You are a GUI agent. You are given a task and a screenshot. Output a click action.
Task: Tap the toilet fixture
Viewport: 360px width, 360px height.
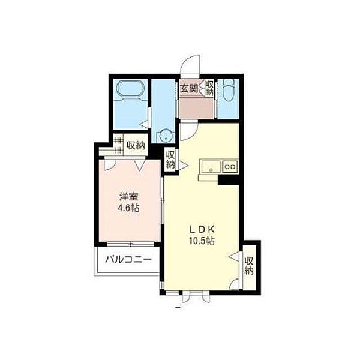coord(228,90)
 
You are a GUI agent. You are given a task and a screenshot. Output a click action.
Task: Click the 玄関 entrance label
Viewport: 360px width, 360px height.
coord(189,88)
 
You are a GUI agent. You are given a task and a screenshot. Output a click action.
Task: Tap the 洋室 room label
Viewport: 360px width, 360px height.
coord(128,197)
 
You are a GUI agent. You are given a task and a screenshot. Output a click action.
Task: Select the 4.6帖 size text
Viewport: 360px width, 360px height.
coord(128,208)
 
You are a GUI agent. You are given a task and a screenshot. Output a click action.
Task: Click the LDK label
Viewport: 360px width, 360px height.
coord(202,229)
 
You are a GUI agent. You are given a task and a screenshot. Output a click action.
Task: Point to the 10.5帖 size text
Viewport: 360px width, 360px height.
coord(202,241)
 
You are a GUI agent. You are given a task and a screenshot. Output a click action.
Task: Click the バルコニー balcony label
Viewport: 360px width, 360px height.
coord(128,260)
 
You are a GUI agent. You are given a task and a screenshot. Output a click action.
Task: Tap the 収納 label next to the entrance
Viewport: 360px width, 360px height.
coord(209,88)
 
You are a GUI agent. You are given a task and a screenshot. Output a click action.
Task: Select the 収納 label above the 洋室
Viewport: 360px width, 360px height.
coord(136,145)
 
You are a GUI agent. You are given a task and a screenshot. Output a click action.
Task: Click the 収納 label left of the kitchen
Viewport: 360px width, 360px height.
coord(170,160)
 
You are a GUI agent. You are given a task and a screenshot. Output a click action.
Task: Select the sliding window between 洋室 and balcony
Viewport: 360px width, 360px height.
coord(130,244)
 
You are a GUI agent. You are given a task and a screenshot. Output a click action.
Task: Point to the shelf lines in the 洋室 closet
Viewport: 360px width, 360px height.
coord(118,145)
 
